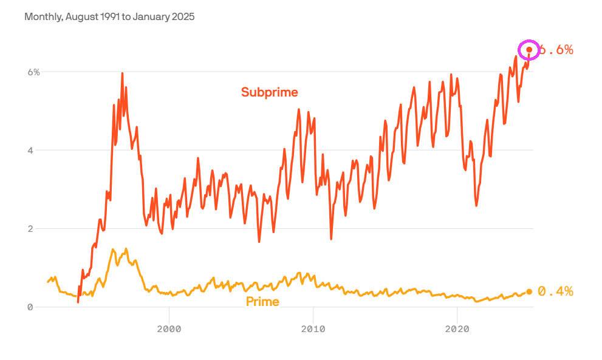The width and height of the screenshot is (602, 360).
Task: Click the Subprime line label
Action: [269, 92]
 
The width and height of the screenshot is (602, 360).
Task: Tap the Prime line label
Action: [262, 302]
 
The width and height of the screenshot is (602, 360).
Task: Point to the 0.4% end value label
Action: [555, 291]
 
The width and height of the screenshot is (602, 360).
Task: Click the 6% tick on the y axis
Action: [33, 72]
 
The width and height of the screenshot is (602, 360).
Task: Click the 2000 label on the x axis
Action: [169, 328]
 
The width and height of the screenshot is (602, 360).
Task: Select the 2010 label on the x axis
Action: [313, 328]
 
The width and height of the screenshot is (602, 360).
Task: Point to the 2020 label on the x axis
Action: [457, 328]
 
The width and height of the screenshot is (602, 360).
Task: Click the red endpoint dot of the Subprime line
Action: [529, 50]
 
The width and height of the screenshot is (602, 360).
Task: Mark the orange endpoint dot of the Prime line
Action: [529, 292]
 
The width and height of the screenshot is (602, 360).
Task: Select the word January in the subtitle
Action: [150, 17]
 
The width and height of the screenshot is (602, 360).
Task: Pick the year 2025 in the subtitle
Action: [182, 17]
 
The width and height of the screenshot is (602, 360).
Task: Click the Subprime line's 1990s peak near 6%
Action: [122, 73]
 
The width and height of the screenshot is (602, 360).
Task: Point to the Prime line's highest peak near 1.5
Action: [113, 250]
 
